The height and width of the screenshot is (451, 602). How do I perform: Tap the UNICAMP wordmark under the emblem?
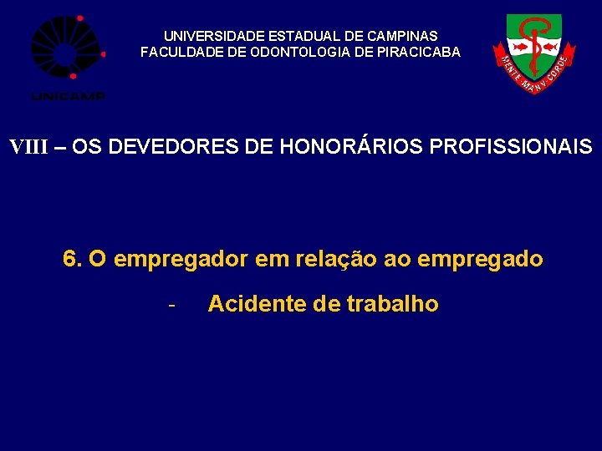pos(68,97)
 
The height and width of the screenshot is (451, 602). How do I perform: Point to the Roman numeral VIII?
pos(29,148)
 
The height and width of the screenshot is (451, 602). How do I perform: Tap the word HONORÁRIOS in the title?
pos(351,148)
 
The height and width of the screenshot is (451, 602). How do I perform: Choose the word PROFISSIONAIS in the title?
pos(510,148)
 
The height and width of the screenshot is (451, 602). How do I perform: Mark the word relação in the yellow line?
pos(335,260)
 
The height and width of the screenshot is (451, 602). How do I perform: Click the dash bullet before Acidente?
pos(171,304)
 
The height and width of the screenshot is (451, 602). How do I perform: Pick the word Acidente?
pos(257,304)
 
